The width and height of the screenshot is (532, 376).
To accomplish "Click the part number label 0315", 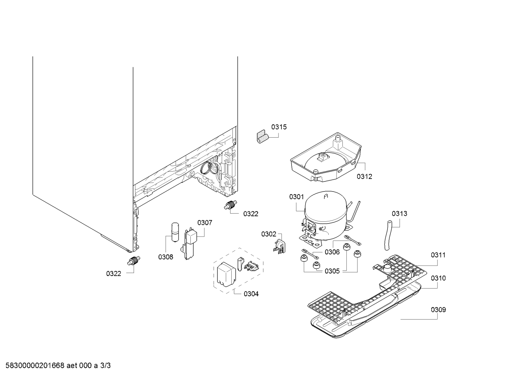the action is (x=279, y=127).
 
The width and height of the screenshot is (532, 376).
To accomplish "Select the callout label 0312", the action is (x=365, y=176).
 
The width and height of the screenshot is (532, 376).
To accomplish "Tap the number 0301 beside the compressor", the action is (x=296, y=197).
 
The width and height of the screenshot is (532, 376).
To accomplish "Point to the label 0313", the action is (x=399, y=214).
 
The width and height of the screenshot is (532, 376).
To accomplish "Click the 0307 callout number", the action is (x=205, y=223).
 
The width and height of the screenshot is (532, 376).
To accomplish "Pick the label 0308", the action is (x=166, y=257).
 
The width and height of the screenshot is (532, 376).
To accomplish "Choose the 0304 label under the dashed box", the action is (x=251, y=294).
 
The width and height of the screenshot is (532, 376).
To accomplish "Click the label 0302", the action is (x=269, y=234).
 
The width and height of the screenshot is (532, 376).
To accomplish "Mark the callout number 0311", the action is (x=438, y=255).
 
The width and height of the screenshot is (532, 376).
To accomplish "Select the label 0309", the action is (x=438, y=310).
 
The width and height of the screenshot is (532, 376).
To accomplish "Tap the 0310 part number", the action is (x=438, y=278).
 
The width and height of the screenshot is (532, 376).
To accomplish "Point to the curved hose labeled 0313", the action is (x=389, y=235).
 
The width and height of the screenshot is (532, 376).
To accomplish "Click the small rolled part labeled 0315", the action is (x=262, y=137).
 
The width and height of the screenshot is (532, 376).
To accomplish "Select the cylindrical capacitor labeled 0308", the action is (x=175, y=232).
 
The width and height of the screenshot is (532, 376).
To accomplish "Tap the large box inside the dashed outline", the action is (x=226, y=274).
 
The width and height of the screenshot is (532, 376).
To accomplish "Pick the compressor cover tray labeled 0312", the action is (x=326, y=157).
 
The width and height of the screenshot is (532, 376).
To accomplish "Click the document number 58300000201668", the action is (x=35, y=366).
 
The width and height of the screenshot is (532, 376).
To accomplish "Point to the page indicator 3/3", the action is (x=105, y=366).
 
